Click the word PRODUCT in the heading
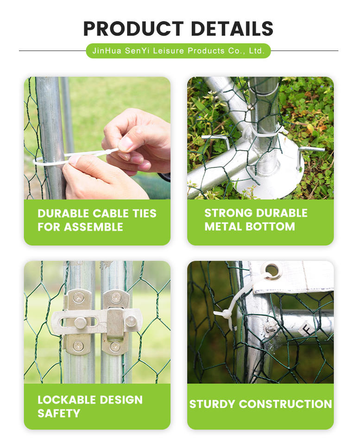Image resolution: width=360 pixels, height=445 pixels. [x=133, y=28]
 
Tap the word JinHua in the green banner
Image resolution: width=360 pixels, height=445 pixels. [x=107, y=51]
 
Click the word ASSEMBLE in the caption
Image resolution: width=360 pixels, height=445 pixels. [x=94, y=227]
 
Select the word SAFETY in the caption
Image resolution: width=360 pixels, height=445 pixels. [x=59, y=413]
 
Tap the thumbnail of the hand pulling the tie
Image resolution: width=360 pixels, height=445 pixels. [x=97, y=138]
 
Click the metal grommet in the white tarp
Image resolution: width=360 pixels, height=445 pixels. [x=272, y=270]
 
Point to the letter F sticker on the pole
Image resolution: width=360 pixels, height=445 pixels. [x=307, y=329]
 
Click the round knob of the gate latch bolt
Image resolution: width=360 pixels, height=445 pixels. [x=80, y=323]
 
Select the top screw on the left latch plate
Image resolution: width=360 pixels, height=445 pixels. [x=78, y=297]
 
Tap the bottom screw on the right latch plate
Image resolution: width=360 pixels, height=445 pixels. [x=115, y=346]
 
